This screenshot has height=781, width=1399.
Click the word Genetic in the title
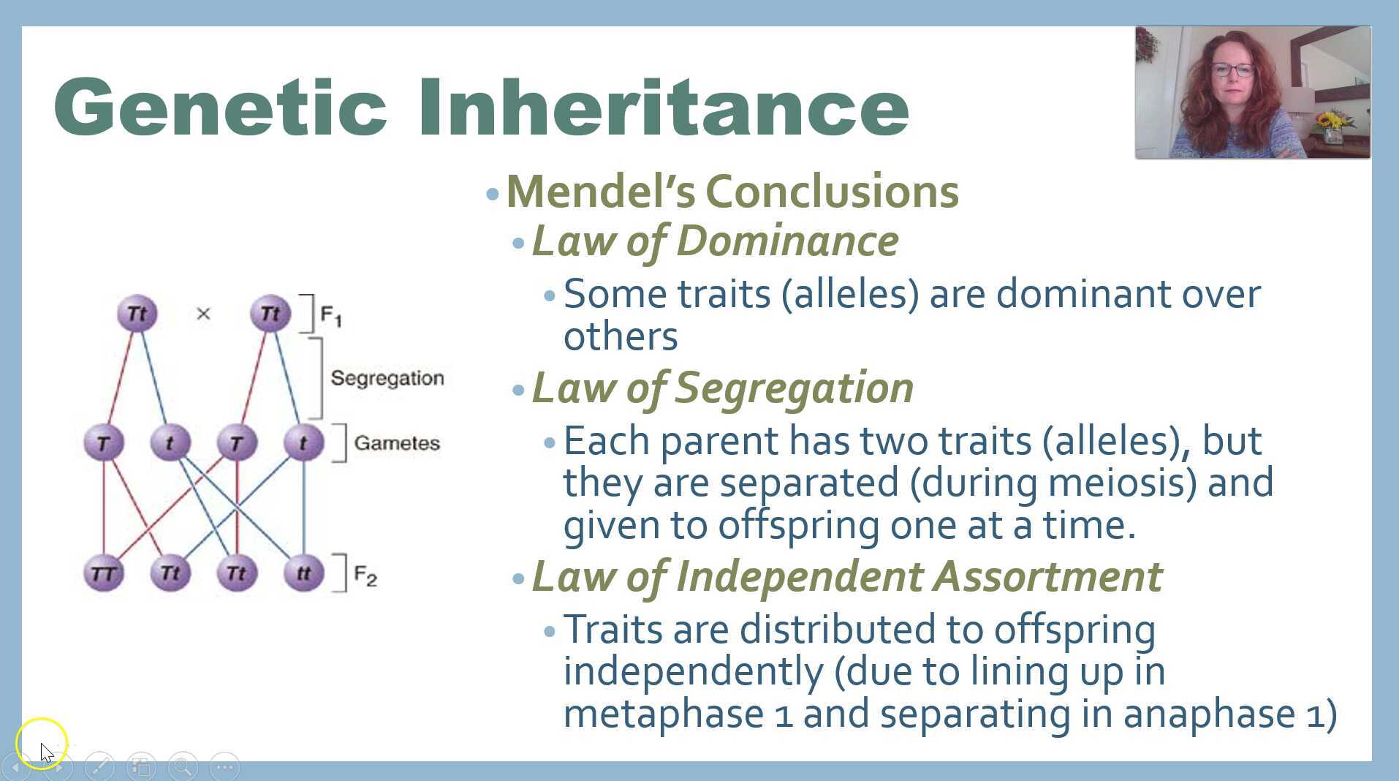219,108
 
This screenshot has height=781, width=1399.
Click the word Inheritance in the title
663,108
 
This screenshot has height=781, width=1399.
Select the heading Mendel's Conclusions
732,192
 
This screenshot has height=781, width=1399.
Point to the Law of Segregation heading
722,388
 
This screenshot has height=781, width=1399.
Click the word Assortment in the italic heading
1047,576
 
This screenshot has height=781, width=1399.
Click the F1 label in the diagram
331,316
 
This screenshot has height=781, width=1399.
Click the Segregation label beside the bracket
387,378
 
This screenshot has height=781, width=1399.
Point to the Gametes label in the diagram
397,443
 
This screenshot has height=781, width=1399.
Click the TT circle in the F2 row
103,573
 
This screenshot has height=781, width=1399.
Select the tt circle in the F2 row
303,573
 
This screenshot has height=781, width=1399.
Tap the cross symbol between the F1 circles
203,314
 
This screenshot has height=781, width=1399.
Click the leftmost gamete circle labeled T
103,443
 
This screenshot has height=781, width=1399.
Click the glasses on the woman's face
1232,70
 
